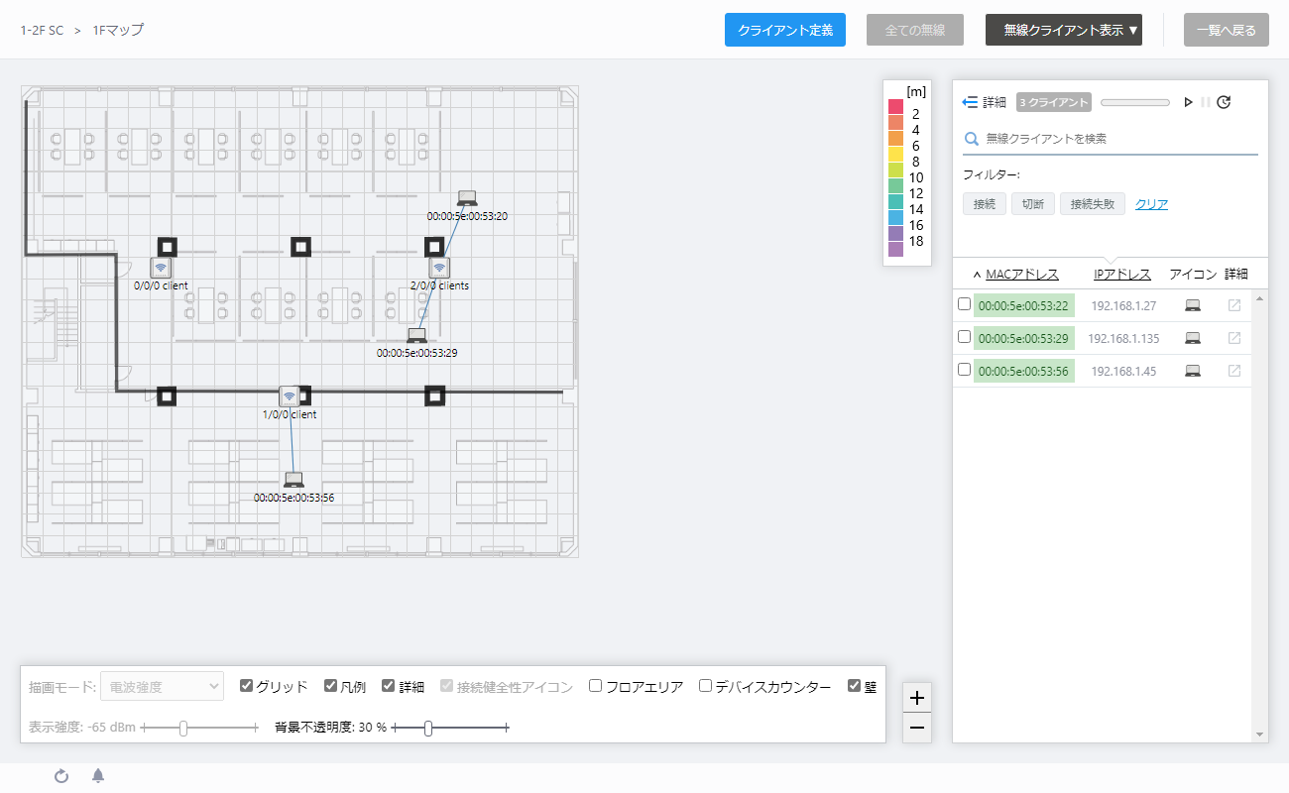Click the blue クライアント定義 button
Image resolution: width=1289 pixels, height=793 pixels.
point(785,30)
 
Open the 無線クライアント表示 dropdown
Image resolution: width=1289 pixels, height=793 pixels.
point(1063,30)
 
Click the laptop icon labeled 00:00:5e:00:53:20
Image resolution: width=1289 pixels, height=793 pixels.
point(467,198)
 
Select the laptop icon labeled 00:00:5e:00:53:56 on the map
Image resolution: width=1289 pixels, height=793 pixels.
point(293,480)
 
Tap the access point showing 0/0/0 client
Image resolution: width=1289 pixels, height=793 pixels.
point(161,268)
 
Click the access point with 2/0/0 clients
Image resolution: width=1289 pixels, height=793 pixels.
point(439,268)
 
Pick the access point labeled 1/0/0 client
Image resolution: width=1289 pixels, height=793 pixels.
point(289,396)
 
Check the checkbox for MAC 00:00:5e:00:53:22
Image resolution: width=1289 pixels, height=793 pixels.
point(965,304)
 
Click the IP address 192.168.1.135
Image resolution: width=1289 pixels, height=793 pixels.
point(1123,338)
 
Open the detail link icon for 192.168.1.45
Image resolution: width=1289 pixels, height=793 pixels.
point(1234,371)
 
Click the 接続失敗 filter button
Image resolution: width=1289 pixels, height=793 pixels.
point(1093,204)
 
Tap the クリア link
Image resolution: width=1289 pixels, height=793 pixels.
point(1151,204)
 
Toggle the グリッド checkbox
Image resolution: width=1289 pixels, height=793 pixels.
point(246,685)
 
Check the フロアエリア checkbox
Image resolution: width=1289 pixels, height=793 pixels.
point(596,685)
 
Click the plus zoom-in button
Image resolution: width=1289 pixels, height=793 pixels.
point(917,698)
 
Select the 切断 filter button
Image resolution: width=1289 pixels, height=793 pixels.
point(1033,204)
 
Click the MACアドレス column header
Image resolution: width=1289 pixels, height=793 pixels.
point(1022,275)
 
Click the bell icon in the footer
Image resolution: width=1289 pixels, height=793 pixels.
point(98,776)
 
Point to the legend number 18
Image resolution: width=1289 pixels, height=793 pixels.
point(916,241)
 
